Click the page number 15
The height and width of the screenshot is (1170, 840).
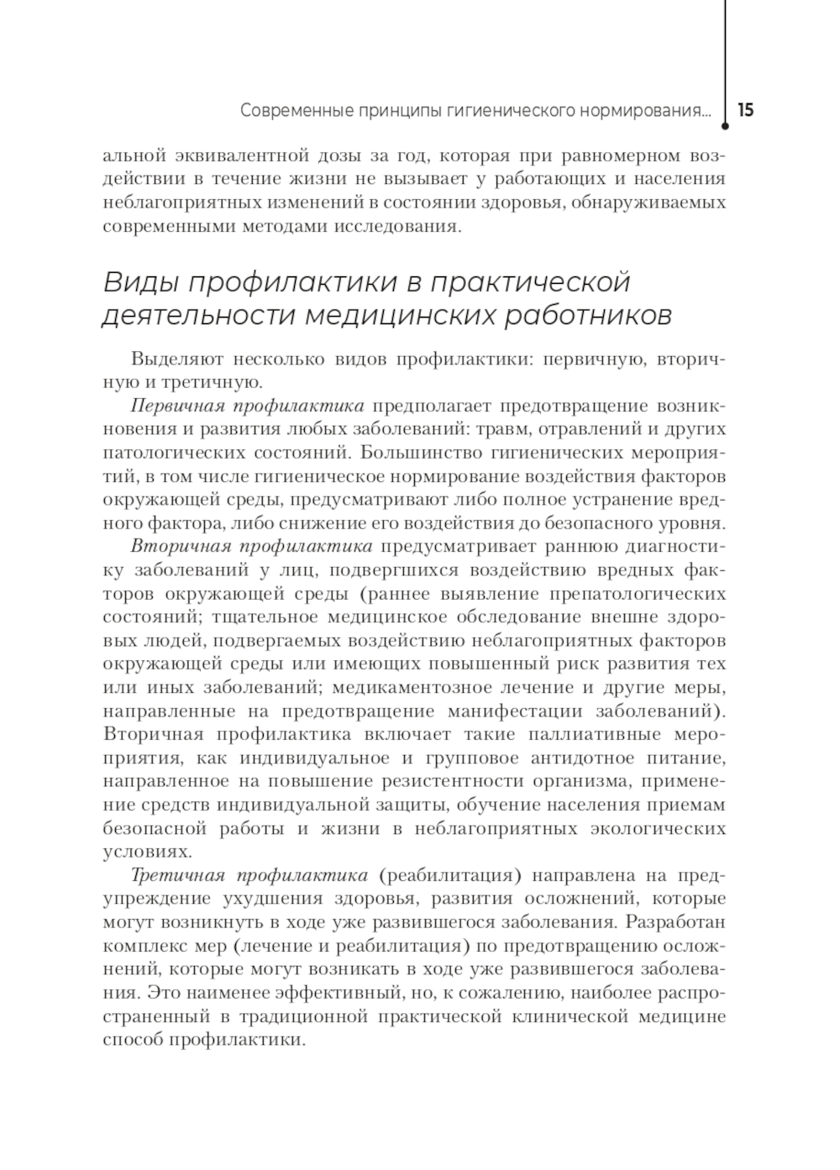746,110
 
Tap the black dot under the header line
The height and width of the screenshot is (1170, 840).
725,128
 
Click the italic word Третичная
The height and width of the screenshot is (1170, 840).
177,876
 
